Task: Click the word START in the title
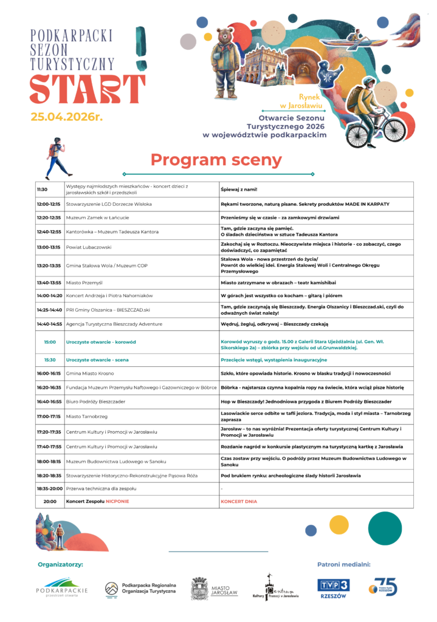click(x=88, y=89)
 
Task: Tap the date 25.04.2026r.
click(x=67, y=117)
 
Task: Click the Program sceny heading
click(x=216, y=160)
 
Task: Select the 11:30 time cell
click(x=42, y=190)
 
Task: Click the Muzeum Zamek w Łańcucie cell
click(x=97, y=217)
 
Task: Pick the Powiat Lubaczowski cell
click(x=89, y=247)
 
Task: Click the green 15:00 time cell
click(x=49, y=342)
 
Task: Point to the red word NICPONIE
click(x=117, y=501)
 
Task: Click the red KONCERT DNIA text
click(x=239, y=501)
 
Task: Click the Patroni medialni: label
click(x=343, y=564)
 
